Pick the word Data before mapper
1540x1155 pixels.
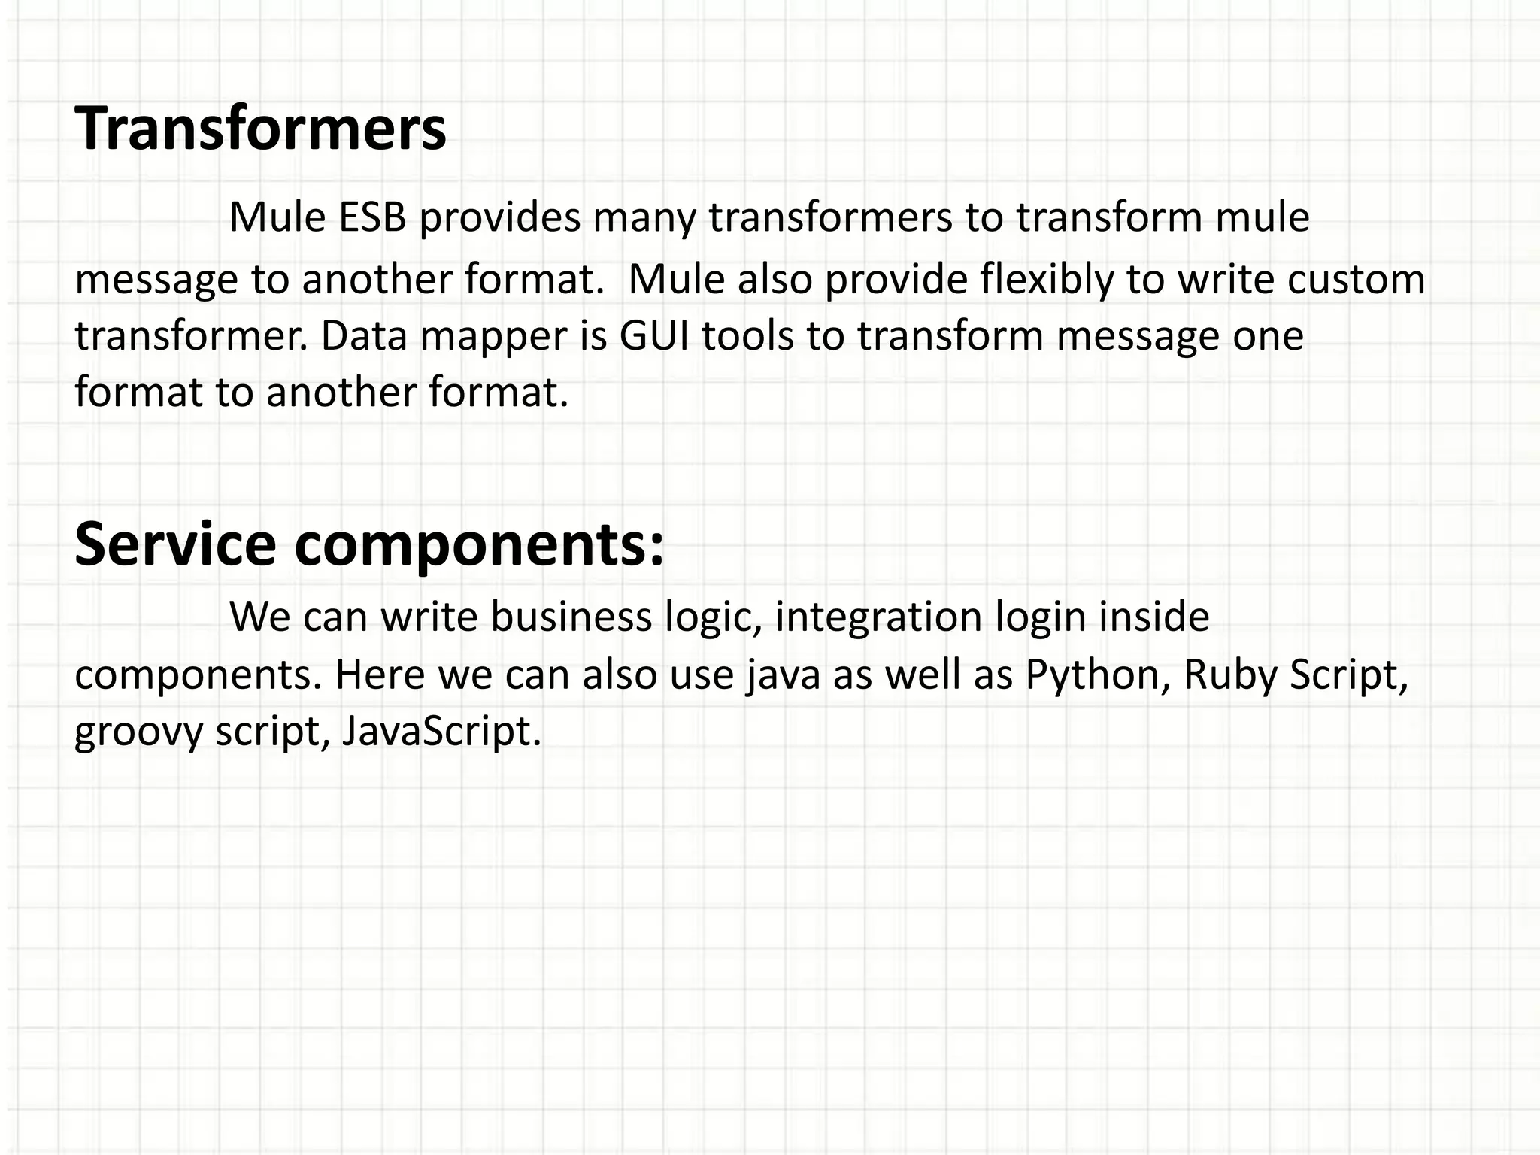pyautogui.click(x=365, y=336)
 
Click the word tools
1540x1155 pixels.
pyautogui.click(x=747, y=336)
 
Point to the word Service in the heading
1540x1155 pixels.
pyautogui.click(x=175, y=544)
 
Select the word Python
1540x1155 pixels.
pyautogui.click(x=1098, y=675)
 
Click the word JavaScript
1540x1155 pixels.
pyautogui.click(x=441, y=732)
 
